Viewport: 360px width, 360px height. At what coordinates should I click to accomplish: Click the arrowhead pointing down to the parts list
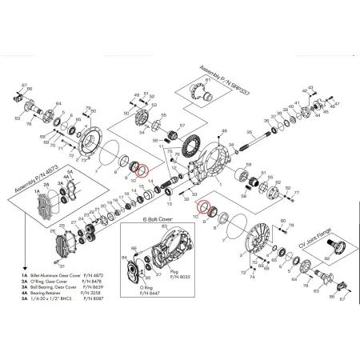point(9,260)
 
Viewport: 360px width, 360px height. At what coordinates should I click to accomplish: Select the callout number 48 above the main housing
point(136,96)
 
